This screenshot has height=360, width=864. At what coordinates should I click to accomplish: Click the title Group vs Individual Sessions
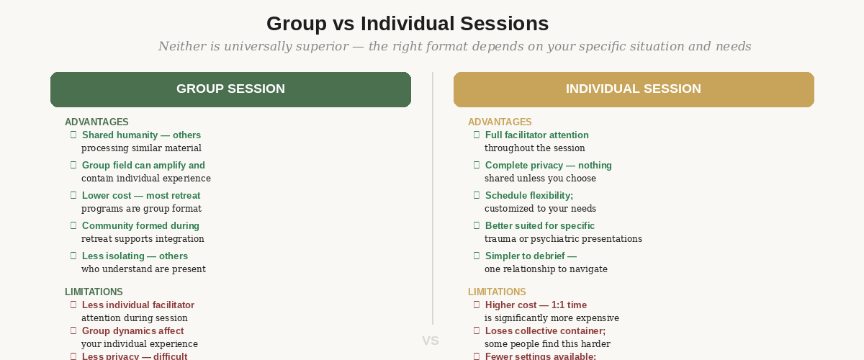click(x=408, y=24)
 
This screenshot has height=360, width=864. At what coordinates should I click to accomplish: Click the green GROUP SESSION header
click(x=230, y=89)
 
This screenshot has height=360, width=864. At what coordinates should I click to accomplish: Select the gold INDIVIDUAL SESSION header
click(x=634, y=89)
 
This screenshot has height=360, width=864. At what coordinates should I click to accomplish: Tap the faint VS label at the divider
click(x=431, y=341)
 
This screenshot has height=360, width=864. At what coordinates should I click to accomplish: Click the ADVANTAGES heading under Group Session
click(x=96, y=122)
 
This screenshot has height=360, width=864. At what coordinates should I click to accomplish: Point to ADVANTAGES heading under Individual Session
click(x=500, y=122)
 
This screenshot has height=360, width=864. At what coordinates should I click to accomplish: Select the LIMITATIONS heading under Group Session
click(x=94, y=292)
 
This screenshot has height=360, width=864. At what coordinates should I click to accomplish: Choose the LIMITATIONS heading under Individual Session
click(x=497, y=292)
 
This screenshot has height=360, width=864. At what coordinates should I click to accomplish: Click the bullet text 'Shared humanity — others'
click(x=141, y=135)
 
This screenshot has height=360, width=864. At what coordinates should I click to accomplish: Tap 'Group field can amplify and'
click(x=143, y=166)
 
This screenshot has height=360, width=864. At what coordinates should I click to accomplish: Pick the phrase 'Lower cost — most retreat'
click(x=141, y=196)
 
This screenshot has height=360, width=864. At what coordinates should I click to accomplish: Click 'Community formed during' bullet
click(x=140, y=226)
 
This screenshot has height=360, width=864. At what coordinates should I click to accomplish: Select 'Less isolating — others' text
click(x=135, y=256)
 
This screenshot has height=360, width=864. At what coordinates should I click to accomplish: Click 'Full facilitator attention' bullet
click(x=536, y=135)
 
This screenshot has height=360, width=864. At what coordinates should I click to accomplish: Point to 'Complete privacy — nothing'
click(x=548, y=166)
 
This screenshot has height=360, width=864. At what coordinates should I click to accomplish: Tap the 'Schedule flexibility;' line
click(x=529, y=196)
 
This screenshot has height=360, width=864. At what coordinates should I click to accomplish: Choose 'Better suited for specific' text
click(x=539, y=226)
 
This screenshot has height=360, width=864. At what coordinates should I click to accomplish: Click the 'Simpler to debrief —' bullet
click(x=531, y=256)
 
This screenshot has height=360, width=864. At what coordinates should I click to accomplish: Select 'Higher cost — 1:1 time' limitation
click(x=536, y=305)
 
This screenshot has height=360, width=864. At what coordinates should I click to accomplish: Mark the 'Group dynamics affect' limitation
click(x=132, y=331)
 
